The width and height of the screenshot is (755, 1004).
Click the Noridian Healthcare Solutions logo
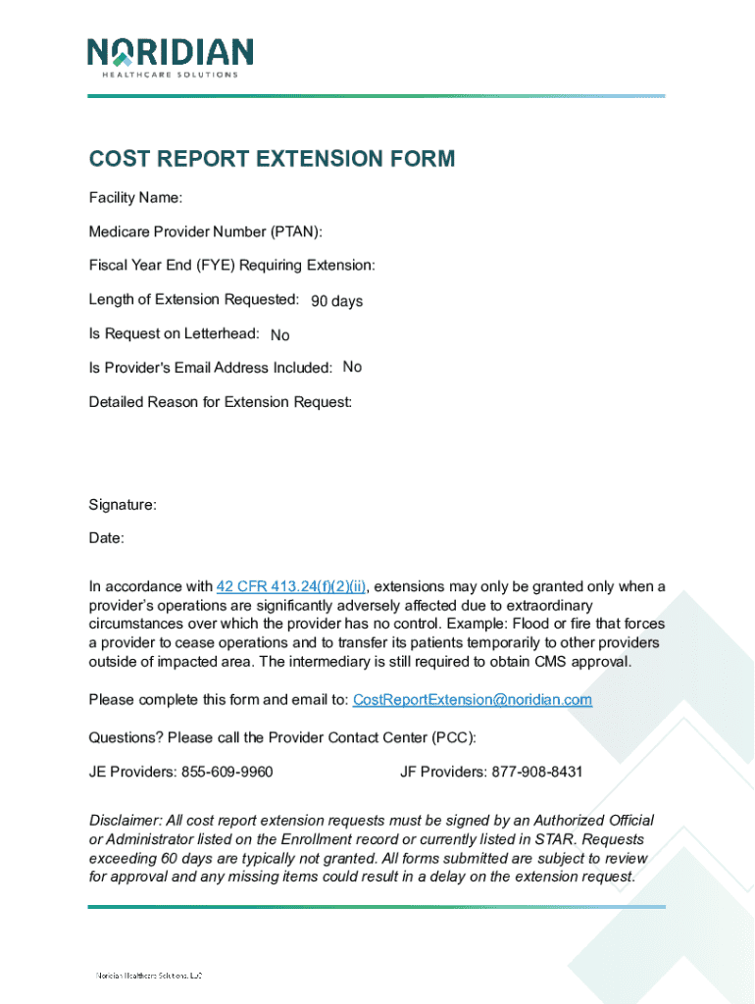tap(170, 58)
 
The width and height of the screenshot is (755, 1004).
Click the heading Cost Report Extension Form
tap(272, 159)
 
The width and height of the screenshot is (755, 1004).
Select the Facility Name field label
tap(135, 198)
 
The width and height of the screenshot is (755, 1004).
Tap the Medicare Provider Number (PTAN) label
tap(205, 231)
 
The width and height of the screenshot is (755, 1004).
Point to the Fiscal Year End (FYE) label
tap(231, 266)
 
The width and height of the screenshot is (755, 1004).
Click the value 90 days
tap(336, 301)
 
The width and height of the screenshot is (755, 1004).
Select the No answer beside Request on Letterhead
tap(279, 335)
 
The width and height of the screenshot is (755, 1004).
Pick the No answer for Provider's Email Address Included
tap(352, 367)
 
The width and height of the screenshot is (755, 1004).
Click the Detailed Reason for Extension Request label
tap(221, 402)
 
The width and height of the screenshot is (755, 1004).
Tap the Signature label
tap(123, 505)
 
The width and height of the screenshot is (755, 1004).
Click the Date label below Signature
tap(106, 538)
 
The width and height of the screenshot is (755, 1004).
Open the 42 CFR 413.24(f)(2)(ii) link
tap(291, 587)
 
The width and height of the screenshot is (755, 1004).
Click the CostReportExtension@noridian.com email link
tap(472, 700)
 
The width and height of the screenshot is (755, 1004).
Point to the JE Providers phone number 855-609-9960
tap(226, 772)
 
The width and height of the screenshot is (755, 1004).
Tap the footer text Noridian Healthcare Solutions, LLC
tap(148, 976)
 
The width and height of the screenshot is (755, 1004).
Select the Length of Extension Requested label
tap(194, 299)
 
